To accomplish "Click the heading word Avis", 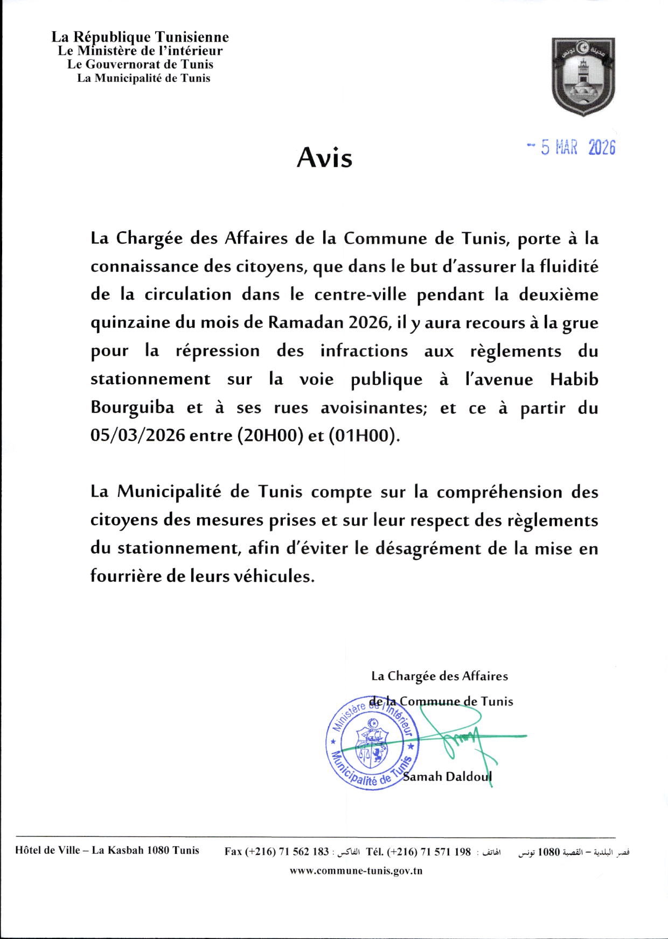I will (324, 158).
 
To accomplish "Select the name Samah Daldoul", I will (447, 777).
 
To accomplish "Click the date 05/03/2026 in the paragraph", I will (138, 436).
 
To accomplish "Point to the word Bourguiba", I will (133, 408).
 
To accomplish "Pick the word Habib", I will (574, 379).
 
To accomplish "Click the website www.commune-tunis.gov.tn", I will (356, 871).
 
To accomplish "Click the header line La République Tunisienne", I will (140, 37).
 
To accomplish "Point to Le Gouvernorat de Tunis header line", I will (140, 65).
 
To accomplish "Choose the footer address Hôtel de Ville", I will (107, 851).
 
